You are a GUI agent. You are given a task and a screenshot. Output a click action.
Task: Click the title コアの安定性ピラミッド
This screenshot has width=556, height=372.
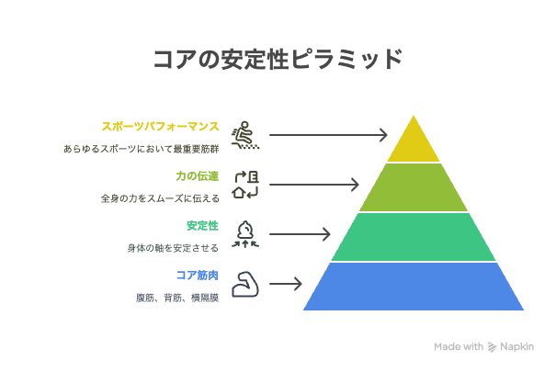pos(278,59)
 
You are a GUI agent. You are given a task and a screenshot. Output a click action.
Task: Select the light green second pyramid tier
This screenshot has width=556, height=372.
pos(414,187)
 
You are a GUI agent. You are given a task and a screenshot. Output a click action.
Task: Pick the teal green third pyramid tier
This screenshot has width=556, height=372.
pos(414,237)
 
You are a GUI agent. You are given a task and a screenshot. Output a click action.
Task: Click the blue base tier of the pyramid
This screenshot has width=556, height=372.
pos(414,287)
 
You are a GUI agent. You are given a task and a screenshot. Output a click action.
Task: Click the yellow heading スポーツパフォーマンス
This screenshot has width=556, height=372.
pos(160,127)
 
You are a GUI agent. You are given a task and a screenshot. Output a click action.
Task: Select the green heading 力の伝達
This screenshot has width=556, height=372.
pos(198,176)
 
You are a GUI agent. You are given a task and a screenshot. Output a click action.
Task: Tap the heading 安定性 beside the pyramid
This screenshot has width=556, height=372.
pos(202,226)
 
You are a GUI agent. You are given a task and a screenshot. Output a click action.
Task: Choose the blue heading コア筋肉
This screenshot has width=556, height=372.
pos(198,276)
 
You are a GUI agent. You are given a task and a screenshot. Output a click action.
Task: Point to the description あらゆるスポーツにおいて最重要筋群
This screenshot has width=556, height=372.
pos(142,149)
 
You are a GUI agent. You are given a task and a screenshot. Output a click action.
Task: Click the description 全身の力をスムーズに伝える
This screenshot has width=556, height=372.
pos(160,198)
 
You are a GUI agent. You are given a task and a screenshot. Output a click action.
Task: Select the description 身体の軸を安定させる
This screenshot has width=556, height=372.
pos(173,248)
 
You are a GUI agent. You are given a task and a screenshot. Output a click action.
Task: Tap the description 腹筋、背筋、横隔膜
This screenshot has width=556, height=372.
pos(177,298)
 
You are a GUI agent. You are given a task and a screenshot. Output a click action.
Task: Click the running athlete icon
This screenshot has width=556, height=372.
pos(245,135)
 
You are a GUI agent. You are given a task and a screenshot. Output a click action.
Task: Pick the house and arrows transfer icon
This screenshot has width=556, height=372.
pos(245,185)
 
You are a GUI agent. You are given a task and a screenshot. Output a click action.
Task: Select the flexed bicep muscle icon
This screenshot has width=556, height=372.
pos(245,284)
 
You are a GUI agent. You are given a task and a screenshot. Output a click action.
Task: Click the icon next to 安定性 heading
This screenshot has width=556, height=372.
pos(245,234)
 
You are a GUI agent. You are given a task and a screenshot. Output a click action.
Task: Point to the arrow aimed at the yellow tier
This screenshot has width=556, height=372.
pos(328,135)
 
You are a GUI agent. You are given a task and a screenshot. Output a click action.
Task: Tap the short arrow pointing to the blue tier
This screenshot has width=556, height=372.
pos(286,284)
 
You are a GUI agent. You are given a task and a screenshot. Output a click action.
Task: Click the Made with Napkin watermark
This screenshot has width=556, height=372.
pos(483,346)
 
